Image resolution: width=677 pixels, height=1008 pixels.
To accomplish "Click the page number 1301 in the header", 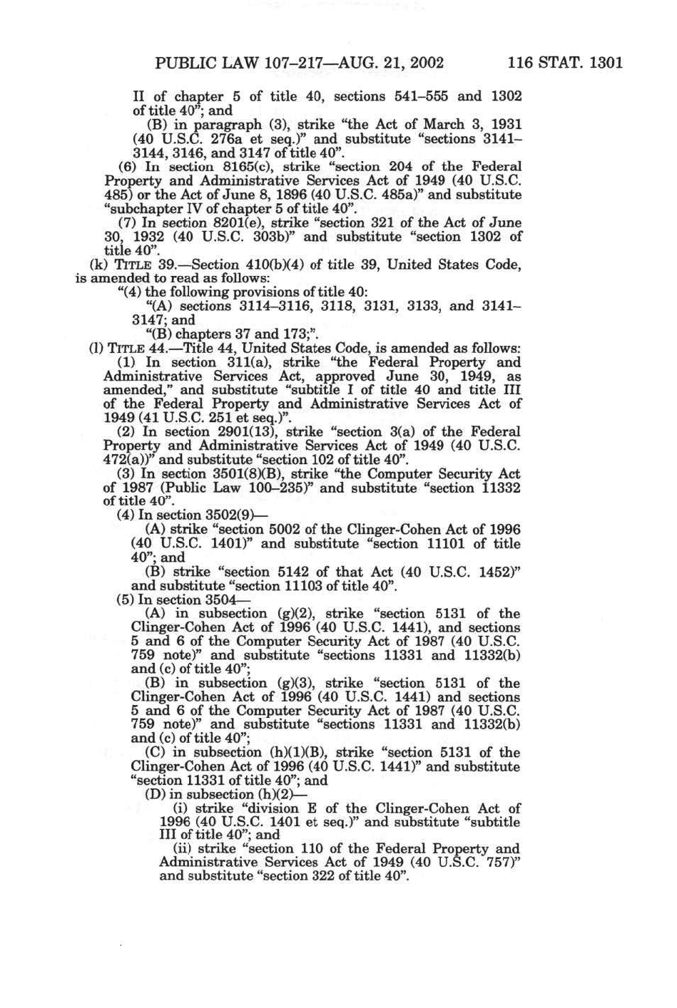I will point(604,62).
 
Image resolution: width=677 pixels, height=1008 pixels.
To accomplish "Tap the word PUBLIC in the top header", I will point(185,62).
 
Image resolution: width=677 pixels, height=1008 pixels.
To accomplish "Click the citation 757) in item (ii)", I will point(505,863).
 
